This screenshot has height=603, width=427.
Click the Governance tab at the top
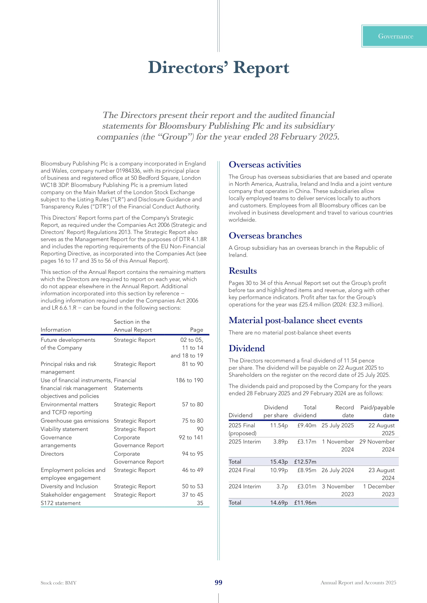pyautogui.click(x=395, y=36)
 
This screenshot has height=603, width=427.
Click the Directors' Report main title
pyautogui.click(x=218, y=68)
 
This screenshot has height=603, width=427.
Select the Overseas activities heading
pyautogui.click(x=265, y=165)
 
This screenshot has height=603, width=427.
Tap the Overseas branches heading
pyautogui.click(x=265, y=236)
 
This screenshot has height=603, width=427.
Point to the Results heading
pyautogui.click(x=242, y=271)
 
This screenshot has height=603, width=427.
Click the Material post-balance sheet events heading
pyautogui.click(x=295, y=320)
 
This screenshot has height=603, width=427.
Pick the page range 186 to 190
pyautogui.click(x=189, y=380)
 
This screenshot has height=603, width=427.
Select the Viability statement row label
pyautogui.click(x=64, y=429)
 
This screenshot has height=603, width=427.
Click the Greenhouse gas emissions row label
pyautogui.click(x=74, y=421)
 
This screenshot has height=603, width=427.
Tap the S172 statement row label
pyautogui.click(x=60, y=503)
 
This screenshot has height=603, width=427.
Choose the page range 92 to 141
pyautogui.click(x=191, y=437)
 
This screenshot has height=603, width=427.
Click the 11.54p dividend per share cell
pyautogui.click(x=279, y=425)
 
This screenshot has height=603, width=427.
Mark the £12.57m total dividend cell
pyautogui.click(x=305, y=462)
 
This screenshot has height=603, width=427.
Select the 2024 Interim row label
pyautogui.click(x=244, y=486)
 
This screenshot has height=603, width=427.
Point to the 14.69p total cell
pyautogui.click(x=279, y=503)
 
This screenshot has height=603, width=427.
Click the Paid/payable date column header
pyautogui.click(x=377, y=411)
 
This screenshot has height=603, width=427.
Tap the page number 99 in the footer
pyautogui.click(x=218, y=583)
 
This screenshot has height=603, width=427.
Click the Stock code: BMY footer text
pyautogui.click(x=58, y=583)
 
